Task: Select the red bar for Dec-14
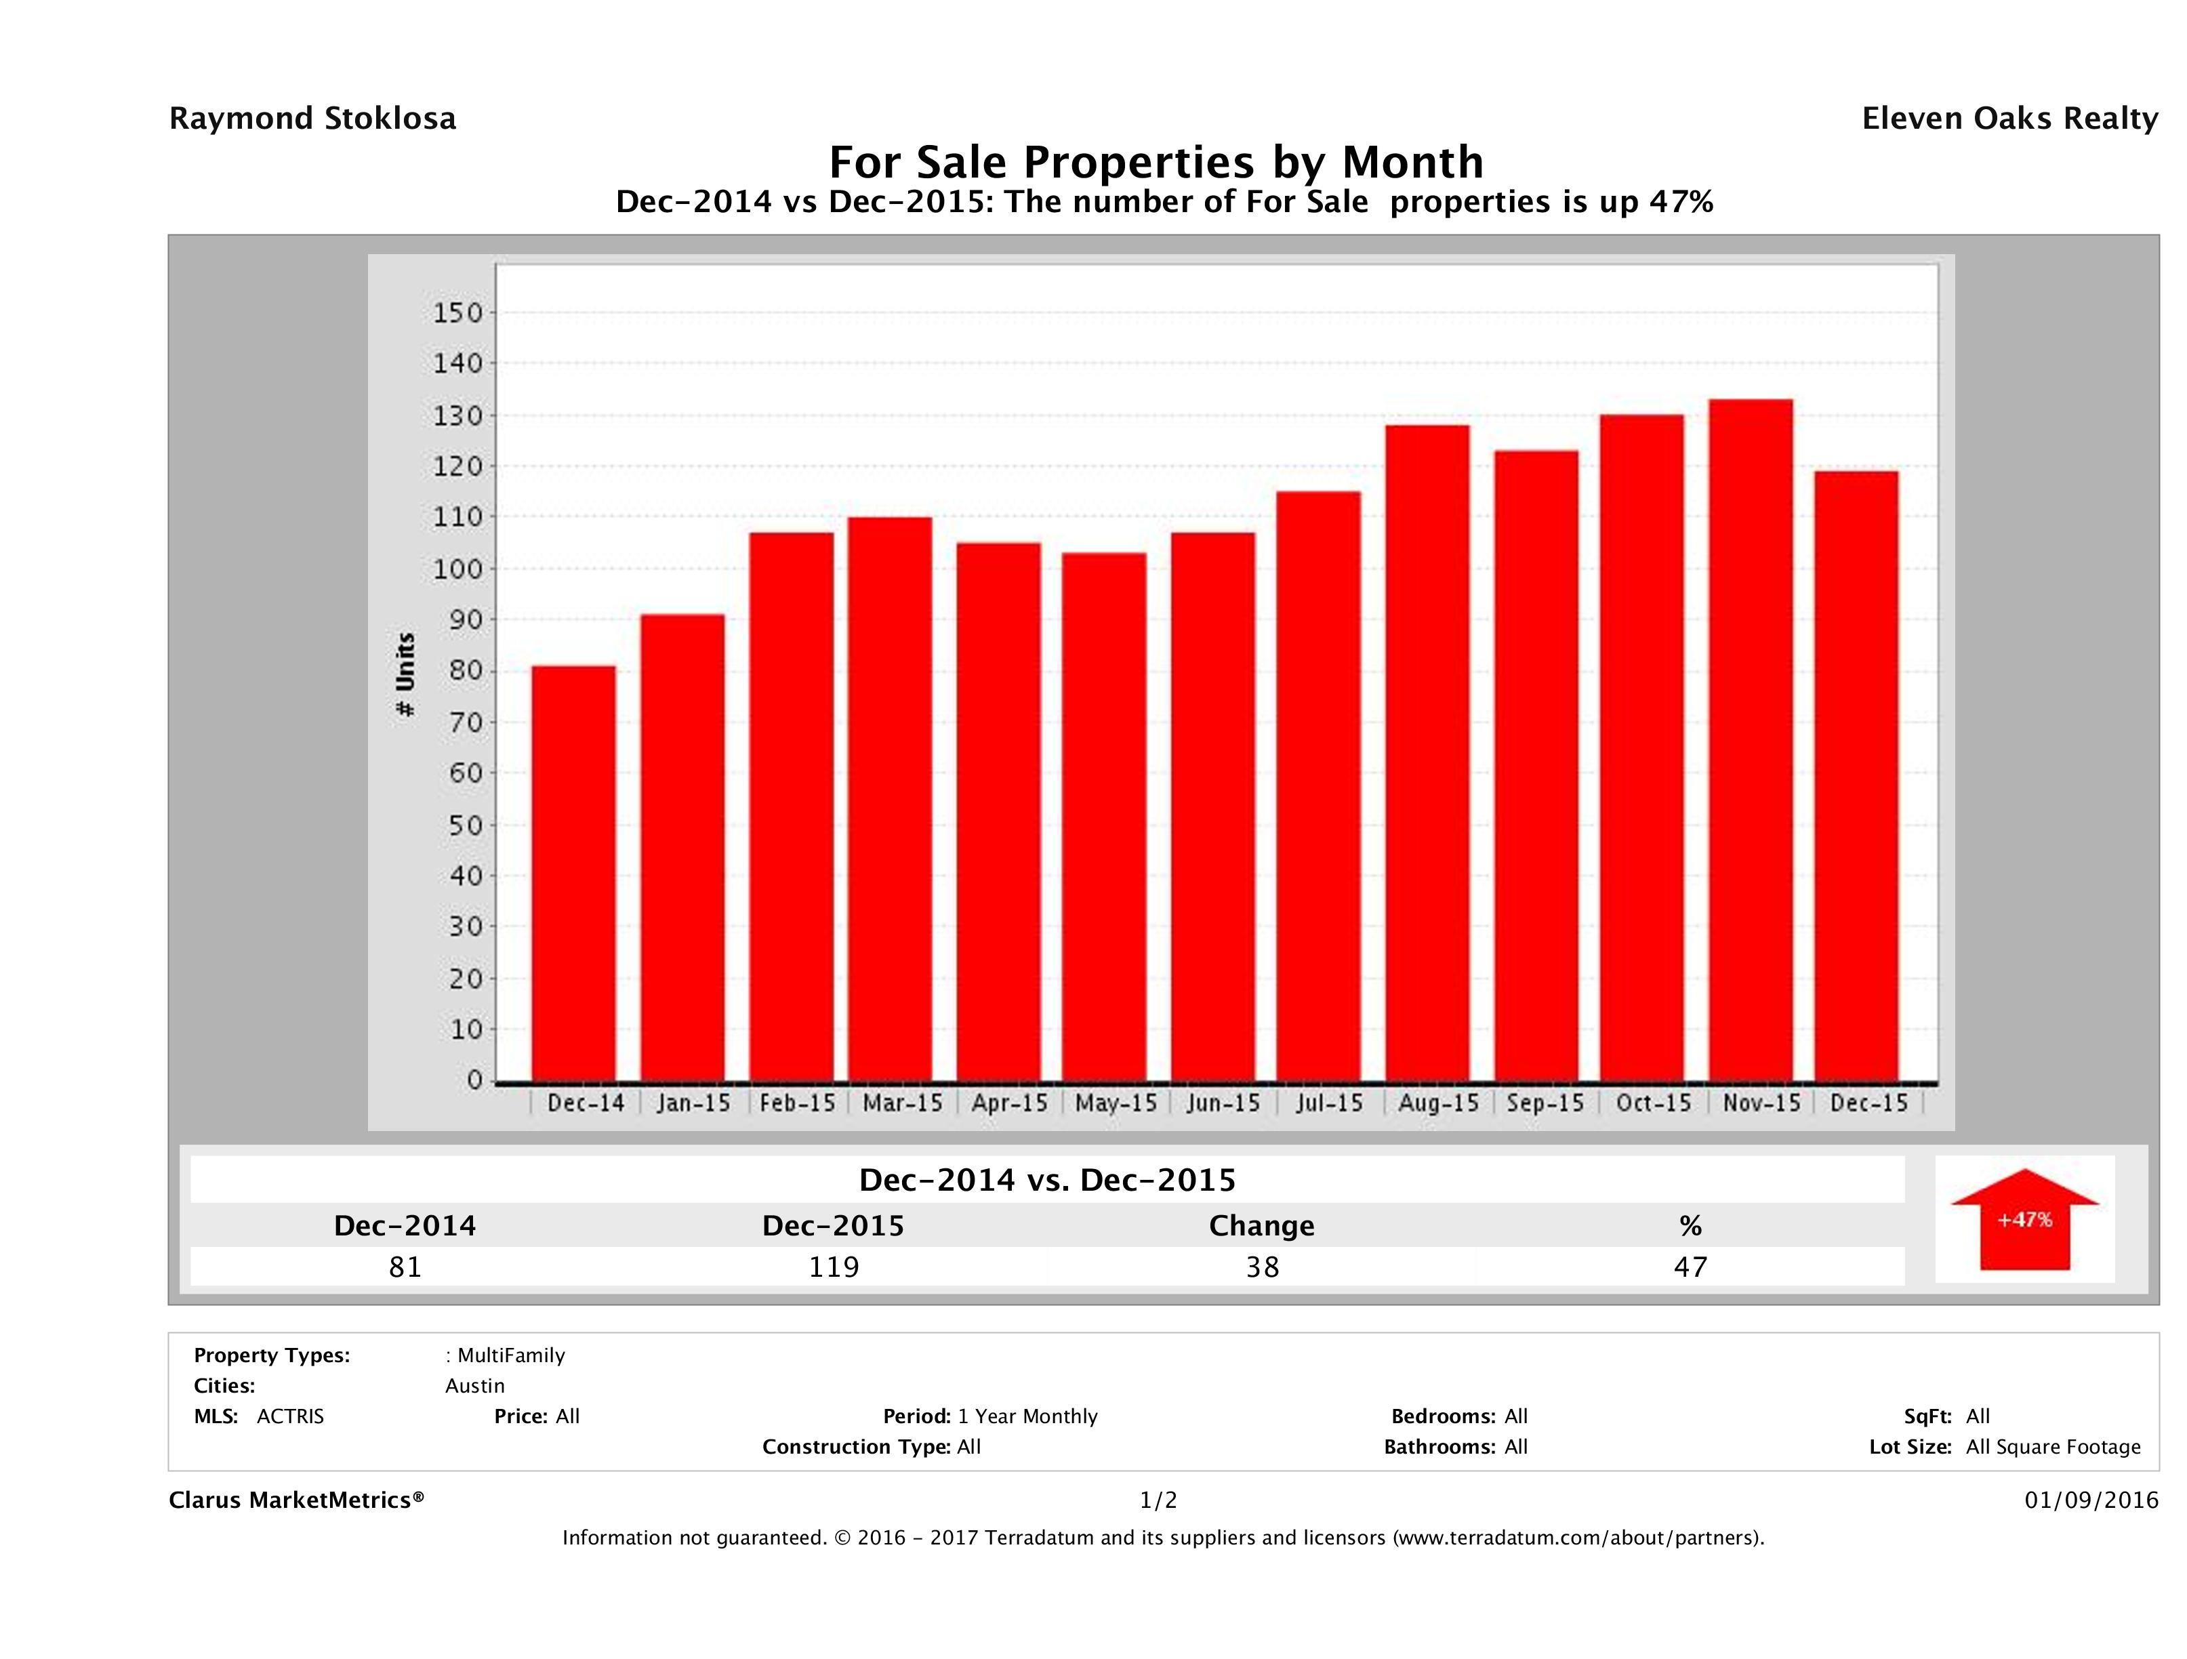coord(573,874)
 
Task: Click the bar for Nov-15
coord(1750,741)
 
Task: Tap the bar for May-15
coord(1105,817)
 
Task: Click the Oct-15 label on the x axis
coord(1653,1103)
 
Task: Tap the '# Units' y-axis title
coord(405,675)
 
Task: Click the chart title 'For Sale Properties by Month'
coord(1156,161)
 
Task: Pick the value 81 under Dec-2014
coord(405,1267)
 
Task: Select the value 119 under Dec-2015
coord(834,1267)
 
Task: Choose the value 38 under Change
coord(1263,1267)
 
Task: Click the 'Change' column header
coord(1262,1226)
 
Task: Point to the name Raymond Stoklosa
coord(312,119)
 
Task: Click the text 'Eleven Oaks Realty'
coord(2009,119)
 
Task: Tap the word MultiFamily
coord(511,1355)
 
